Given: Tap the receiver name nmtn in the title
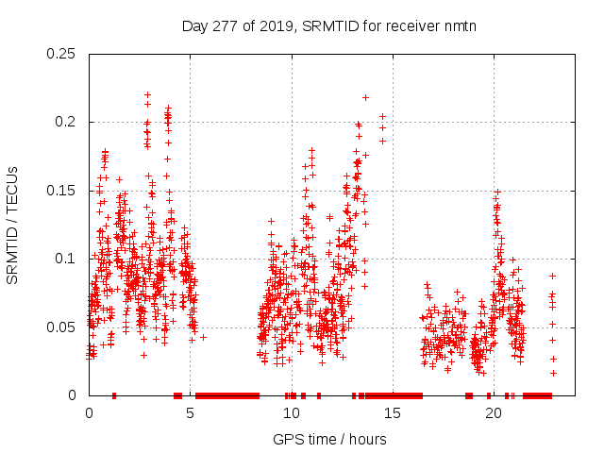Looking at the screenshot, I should click(x=458, y=26).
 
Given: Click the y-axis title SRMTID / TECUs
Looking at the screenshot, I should click(x=12, y=225).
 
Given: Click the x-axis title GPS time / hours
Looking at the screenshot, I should click(x=329, y=439).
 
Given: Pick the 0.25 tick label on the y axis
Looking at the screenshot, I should click(x=63, y=54).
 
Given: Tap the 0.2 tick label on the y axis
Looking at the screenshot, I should click(x=67, y=123).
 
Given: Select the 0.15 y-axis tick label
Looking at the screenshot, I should click(x=63, y=191).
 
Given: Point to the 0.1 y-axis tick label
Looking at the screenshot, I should click(x=67, y=260).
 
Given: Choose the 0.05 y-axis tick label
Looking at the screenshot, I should click(x=63, y=327).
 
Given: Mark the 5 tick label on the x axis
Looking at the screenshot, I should click(x=190, y=413).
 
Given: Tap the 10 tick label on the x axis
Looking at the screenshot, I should click(x=291, y=413).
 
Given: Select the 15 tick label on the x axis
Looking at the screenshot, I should click(x=393, y=413).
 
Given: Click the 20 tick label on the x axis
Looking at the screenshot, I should click(x=494, y=413).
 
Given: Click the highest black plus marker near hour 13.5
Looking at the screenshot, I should click(x=365, y=97).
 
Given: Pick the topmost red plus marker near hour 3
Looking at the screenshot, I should click(x=147, y=94).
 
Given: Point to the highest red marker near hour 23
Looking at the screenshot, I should click(x=553, y=276).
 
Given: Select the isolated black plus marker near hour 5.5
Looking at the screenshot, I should click(x=202, y=337).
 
